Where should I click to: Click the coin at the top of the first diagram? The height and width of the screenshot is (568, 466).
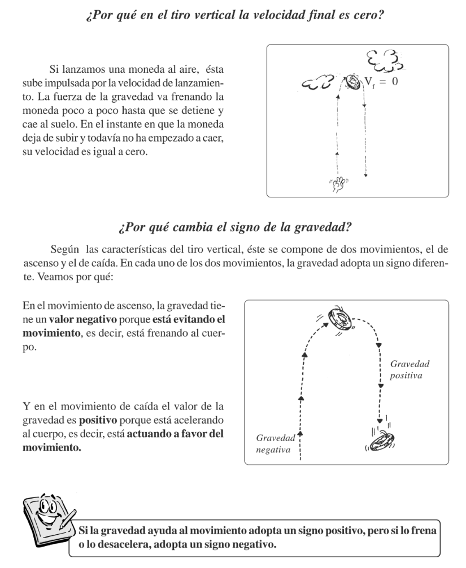(x=354, y=82)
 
